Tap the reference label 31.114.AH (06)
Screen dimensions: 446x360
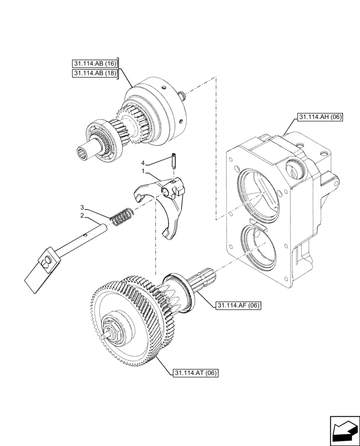click(318, 118)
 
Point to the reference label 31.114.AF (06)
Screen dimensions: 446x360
click(238, 306)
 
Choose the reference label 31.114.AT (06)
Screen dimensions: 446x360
click(195, 373)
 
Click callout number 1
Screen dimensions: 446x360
click(143, 171)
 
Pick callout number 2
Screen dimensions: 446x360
click(82, 215)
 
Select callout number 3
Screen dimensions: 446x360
click(82, 207)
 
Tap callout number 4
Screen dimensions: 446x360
click(143, 163)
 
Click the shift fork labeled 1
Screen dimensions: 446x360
click(167, 205)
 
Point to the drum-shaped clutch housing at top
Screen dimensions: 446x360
click(154, 111)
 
